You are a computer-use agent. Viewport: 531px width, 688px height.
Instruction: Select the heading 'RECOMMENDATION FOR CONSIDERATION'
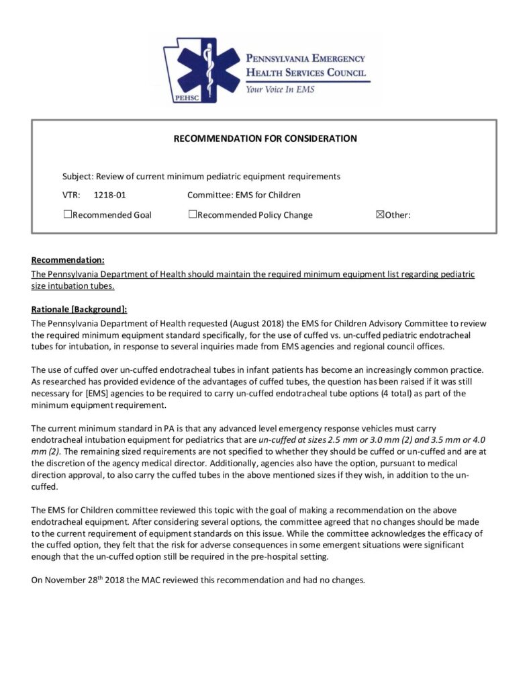(265, 139)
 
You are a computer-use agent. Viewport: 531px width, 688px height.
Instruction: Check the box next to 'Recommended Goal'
(67, 215)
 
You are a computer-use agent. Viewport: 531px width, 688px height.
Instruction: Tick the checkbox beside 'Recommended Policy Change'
(193, 215)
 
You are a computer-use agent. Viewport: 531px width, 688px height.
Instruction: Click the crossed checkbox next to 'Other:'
(379, 215)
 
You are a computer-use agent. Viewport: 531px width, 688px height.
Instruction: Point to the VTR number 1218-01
(111, 196)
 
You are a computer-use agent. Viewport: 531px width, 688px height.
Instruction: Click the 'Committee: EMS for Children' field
(244, 196)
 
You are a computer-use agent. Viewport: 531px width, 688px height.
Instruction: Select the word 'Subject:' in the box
(78, 177)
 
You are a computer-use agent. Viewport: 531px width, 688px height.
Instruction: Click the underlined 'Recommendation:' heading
(68, 260)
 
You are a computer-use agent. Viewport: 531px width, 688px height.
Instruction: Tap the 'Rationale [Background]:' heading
(79, 310)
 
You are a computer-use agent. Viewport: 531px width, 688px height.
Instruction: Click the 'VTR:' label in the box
(71, 196)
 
